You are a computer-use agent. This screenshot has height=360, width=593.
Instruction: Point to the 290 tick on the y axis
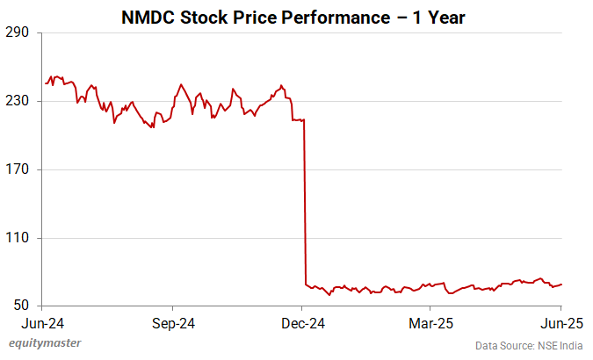pyautogui.click(x=19, y=33)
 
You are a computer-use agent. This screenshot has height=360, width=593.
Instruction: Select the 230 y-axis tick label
pyautogui.click(x=19, y=101)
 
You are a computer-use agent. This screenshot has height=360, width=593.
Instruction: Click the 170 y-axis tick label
pyautogui.click(x=19, y=169)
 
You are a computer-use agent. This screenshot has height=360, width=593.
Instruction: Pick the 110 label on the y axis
pyautogui.click(x=19, y=238)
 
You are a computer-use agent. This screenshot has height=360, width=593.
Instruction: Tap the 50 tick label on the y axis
pyautogui.click(x=23, y=306)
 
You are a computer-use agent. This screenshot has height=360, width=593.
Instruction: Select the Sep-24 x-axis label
pyautogui.click(x=172, y=322)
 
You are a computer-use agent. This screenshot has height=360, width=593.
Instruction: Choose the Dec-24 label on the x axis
pyautogui.click(x=301, y=322)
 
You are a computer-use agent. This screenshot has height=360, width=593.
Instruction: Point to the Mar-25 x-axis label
pyautogui.click(x=430, y=322)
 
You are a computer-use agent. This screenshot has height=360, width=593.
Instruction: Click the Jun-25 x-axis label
pyautogui.click(x=560, y=322)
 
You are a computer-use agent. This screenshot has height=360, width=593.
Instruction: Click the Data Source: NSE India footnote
pyautogui.click(x=530, y=346)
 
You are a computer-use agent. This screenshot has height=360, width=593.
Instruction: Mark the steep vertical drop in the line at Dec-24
pyautogui.click(x=304, y=202)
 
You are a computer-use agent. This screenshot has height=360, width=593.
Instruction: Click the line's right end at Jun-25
pyautogui.click(x=561, y=284)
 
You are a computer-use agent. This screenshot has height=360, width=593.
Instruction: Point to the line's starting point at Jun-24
pyautogui.click(x=46, y=83)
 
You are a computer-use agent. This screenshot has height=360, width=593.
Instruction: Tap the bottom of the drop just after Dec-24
pyautogui.click(x=306, y=284)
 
